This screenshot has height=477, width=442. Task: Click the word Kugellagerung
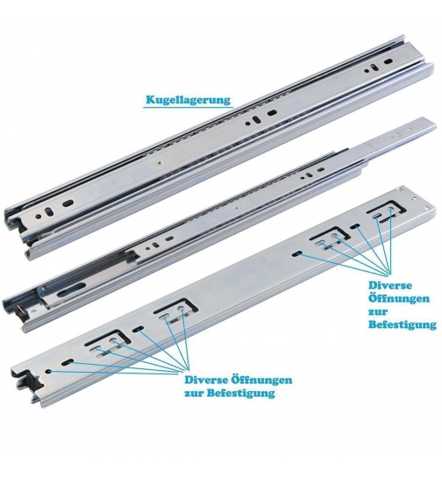[188, 100]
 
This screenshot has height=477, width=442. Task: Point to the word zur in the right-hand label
[378, 312]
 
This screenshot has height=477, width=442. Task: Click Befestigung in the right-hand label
[403, 324]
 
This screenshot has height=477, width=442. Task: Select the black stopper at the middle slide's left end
[22, 311]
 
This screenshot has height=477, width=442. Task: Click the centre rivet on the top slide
[159, 163]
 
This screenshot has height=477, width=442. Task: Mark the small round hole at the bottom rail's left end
[49, 372]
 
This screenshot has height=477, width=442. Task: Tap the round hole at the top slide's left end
[39, 217]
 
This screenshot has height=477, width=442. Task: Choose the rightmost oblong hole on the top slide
[389, 61]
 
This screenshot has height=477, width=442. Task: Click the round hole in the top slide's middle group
[248, 124]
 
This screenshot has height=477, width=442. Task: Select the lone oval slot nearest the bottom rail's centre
[297, 253]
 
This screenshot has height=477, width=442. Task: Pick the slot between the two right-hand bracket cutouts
[355, 226]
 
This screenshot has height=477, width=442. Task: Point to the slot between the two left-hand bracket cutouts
[139, 329]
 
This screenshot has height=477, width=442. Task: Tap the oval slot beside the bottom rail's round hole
[68, 362]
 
